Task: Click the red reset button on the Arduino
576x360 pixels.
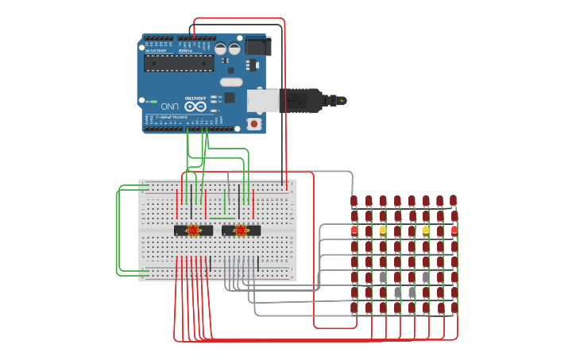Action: (x=253, y=123)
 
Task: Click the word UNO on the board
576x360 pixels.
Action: (x=170, y=106)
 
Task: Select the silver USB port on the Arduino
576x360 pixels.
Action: (x=262, y=101)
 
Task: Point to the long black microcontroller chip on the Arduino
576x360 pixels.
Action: (x=179, y=63)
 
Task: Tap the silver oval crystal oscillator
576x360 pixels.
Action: (x=231, y=82)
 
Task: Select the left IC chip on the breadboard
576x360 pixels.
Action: (x=193, y=230)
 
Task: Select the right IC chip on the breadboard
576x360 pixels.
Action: (x=241, y=230)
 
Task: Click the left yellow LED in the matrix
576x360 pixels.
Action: (x=383, y=230)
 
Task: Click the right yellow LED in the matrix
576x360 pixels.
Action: (x=426, y=230)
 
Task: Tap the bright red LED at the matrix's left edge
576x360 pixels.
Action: (x=354, y=230)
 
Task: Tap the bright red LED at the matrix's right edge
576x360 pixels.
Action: (x=454, y=230)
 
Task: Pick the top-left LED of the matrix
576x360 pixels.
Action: (x=354, y=200)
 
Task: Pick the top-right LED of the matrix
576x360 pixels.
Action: (x=453, y=200)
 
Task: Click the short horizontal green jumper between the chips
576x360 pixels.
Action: (x=222, y=218)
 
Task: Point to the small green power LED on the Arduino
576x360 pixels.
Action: (x=151, y=102)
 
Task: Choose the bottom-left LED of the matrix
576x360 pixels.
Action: (x=354, y=307)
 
